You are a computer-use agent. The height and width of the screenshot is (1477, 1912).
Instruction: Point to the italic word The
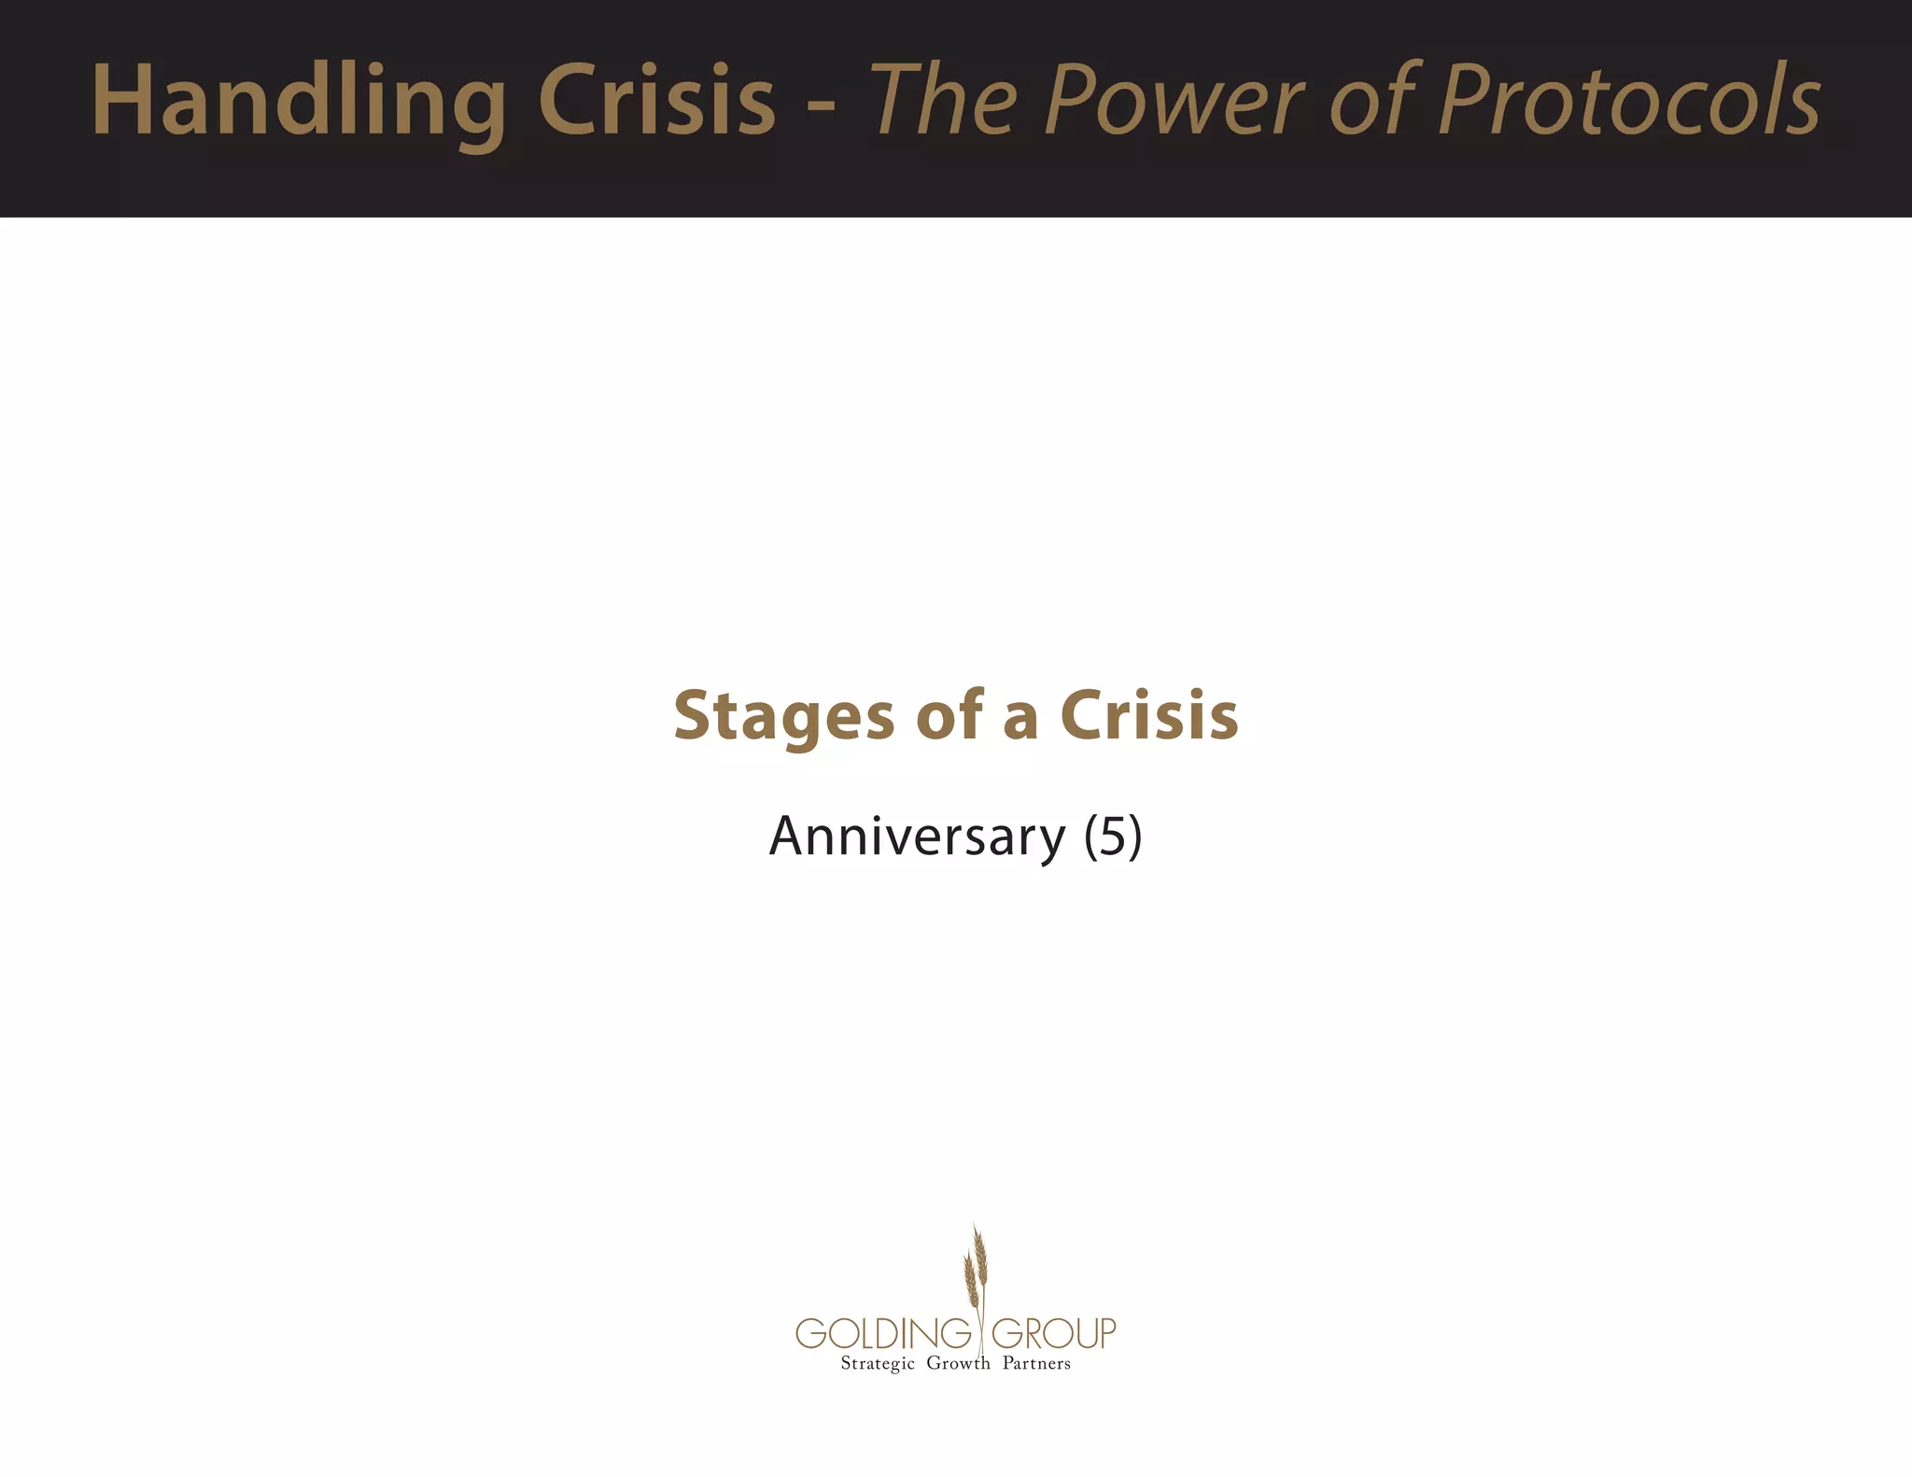pos(943,101)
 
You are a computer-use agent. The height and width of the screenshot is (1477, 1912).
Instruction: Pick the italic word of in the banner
pos(1373,101)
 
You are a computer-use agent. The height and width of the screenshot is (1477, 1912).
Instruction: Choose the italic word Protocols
pos(1629,101)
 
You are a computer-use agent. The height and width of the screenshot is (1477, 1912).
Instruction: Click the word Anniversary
pos(917,837)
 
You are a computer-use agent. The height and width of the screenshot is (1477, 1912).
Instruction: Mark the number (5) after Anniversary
pos(1113,837)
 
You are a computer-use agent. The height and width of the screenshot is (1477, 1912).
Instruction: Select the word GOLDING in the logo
pos(883,1333)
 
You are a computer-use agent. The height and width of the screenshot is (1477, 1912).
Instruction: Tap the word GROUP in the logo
pos(1053,1333)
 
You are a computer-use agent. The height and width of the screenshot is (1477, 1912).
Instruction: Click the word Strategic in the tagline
pos(878,1364)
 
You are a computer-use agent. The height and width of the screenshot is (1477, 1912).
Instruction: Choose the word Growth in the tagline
pos(958,1363)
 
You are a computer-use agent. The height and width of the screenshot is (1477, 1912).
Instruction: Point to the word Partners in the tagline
pos(1036,1363)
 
